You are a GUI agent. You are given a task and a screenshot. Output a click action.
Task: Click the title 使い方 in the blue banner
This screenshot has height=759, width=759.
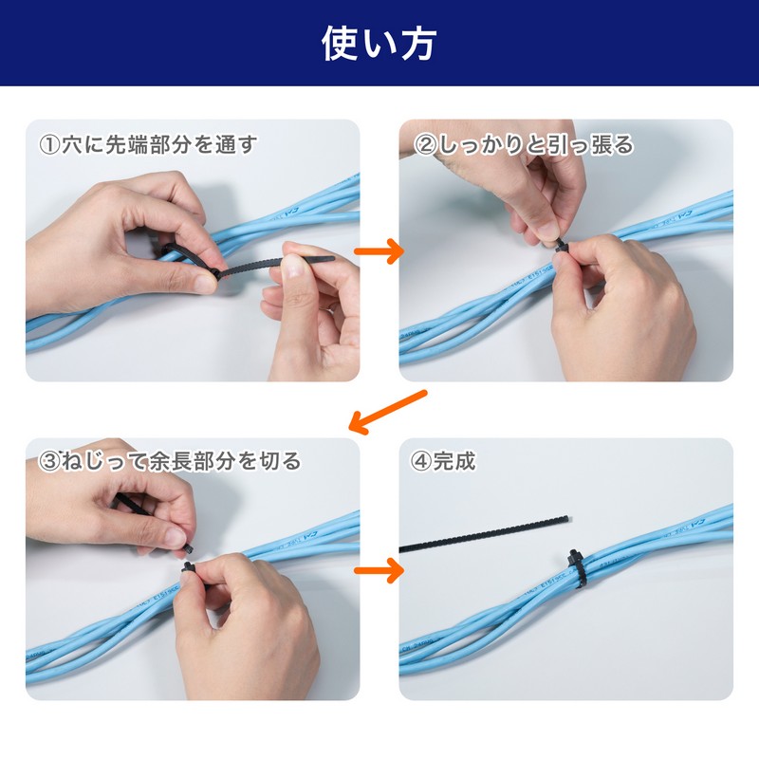(x=379, y=44)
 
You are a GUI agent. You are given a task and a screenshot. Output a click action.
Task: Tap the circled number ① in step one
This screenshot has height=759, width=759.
(x=49, y=145)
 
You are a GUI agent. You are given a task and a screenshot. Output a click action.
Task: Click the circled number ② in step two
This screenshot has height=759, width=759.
(x=424, y=145)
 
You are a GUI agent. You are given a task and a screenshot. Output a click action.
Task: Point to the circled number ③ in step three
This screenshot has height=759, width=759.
(x=49, y=461)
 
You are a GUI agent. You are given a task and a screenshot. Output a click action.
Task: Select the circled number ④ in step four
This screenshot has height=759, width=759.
(x=421, y=461)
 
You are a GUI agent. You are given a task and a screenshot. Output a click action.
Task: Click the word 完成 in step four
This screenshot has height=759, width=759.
(x=454, y=461)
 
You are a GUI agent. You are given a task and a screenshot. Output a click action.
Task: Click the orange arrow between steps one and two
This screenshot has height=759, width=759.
(x=379, y=250)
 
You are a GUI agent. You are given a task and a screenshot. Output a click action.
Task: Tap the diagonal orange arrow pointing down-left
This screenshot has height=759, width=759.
(x=388, y=411)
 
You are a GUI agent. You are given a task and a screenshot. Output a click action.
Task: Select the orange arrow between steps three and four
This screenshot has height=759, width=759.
(x=379, y=570)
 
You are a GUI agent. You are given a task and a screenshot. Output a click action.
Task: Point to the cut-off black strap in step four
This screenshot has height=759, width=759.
(x=484, y=534)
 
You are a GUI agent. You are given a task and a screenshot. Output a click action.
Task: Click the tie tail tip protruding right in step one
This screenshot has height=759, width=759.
(x=331, y=258)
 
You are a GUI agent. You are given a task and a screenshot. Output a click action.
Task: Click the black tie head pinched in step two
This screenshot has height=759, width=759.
(x=561, y=245)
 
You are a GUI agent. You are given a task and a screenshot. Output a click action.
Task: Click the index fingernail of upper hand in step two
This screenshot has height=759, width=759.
(x=547, y=231)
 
